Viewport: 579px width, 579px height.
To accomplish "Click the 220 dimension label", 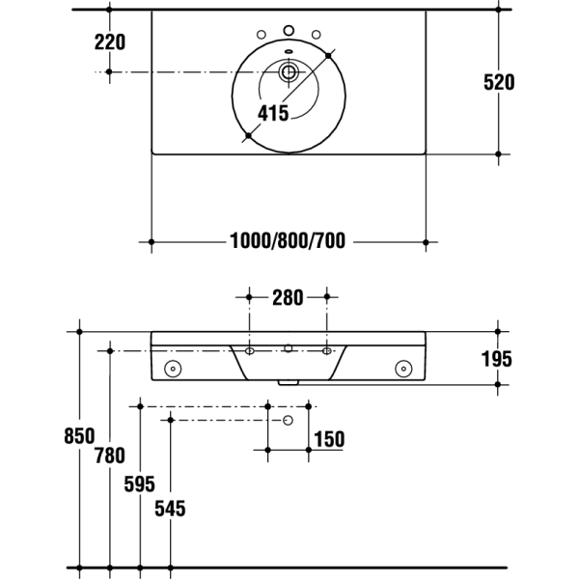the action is [110, 41].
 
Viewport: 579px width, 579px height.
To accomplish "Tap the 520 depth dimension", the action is [499, 82].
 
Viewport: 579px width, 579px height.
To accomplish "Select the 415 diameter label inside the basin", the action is [273, 113].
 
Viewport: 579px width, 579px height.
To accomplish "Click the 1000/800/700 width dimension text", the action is [288, 240].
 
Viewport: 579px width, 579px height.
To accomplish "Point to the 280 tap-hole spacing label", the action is [288, 297].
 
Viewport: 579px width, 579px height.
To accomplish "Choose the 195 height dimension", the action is [497, 359].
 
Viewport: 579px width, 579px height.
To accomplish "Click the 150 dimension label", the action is [329, 439].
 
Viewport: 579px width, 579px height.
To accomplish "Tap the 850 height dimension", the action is [79, 436].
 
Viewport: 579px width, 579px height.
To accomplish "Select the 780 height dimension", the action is [110, 455].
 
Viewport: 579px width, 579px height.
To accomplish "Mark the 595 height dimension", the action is [140, 484].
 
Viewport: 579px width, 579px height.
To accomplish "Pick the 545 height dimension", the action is [170, 509].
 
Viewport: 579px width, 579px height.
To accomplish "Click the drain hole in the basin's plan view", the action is [289, 71].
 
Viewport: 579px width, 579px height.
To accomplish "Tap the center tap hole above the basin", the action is [289, 30].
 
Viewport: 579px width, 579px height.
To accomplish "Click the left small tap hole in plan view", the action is [262, 35].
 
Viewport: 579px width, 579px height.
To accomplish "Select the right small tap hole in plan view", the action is [317, 35].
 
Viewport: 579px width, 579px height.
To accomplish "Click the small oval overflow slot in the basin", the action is [289, 51].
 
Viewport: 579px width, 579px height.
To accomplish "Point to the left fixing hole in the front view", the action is [173, 369].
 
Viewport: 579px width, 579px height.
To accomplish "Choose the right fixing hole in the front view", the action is [403, 369].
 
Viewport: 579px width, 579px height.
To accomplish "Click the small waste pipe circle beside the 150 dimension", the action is [288, 420].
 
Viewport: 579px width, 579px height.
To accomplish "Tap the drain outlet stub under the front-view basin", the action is [288, 383].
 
